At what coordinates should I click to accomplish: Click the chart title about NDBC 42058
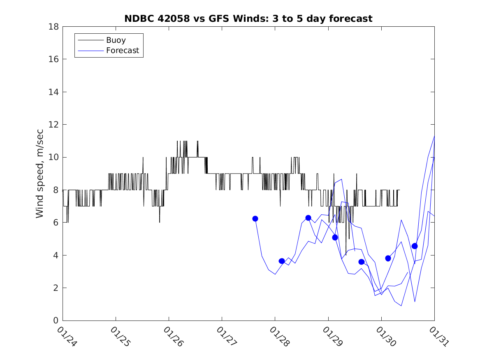248,19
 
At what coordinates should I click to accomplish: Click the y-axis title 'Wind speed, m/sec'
39,173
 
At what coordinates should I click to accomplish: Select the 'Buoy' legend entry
116,40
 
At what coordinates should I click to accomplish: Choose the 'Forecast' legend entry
123,51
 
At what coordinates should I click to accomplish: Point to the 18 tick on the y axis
54,27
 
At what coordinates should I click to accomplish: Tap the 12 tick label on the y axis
54,125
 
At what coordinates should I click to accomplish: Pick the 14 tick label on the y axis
54,92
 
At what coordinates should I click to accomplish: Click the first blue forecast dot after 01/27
255,218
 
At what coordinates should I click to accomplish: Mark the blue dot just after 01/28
282,261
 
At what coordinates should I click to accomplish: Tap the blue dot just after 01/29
335,237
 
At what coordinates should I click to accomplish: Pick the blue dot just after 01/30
388,258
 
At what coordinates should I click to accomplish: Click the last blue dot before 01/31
415,246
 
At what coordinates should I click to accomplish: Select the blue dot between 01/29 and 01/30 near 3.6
362,262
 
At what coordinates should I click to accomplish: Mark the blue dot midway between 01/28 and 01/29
308,218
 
